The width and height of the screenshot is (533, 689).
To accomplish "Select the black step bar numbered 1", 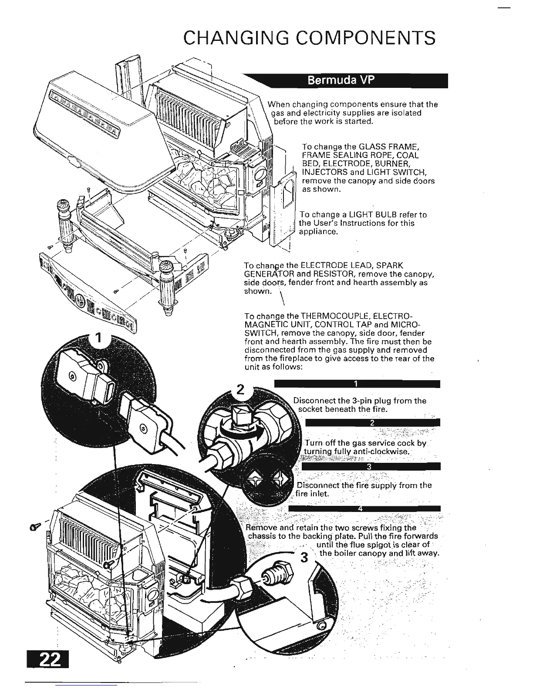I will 357,384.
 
